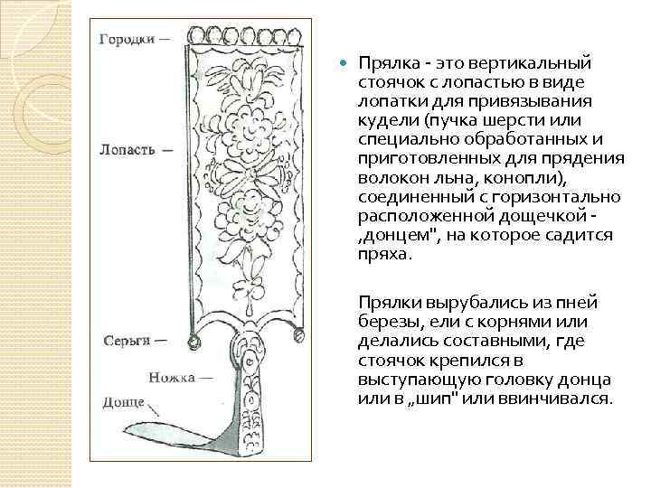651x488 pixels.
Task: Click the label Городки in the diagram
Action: click(x=127, y=40)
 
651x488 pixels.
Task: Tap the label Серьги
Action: click(x=127, y=343)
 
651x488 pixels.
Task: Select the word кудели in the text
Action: click(x=382, y=120)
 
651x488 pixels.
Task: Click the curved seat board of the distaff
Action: click(x=176, y=438)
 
